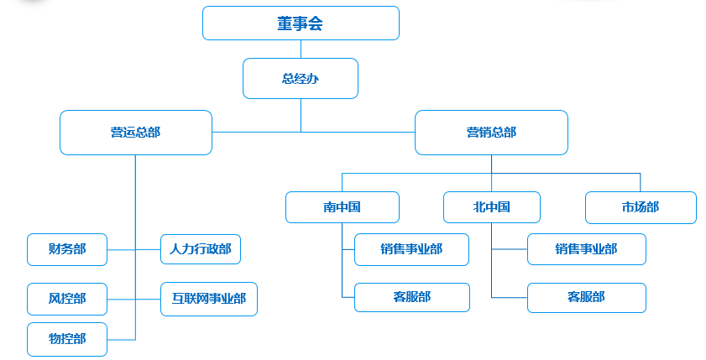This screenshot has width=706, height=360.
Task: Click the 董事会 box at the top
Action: click(301, 23)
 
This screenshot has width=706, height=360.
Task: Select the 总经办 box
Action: click(301, 78)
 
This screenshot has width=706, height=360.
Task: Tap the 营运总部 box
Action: click(135, 133)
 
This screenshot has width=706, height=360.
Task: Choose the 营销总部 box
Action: click(491, 133)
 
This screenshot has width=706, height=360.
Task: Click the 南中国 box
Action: click(342, 207)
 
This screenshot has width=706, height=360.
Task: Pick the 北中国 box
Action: click(491, 207)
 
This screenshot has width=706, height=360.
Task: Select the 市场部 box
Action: click(641, 207)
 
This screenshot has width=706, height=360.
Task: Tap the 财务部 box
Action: click(67, 249)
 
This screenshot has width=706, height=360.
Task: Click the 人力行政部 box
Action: click(201, 249)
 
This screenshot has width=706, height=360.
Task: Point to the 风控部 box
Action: click(67, 299)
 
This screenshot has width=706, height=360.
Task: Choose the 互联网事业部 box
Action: click(208, 299)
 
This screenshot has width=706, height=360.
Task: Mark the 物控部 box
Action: click(67, 339)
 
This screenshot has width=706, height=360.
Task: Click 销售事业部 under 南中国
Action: click(411, 249)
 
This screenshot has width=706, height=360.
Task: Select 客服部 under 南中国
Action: click(411, 297)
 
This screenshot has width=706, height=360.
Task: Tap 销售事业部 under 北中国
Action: click(586, 249)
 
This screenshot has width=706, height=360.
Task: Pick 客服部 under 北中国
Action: click(586, 297)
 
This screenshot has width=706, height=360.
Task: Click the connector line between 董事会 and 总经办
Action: click(301, 49)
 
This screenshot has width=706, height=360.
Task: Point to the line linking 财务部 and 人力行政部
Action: click(122, 250)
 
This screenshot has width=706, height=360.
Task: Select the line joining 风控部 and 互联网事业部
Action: click(122, 299)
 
